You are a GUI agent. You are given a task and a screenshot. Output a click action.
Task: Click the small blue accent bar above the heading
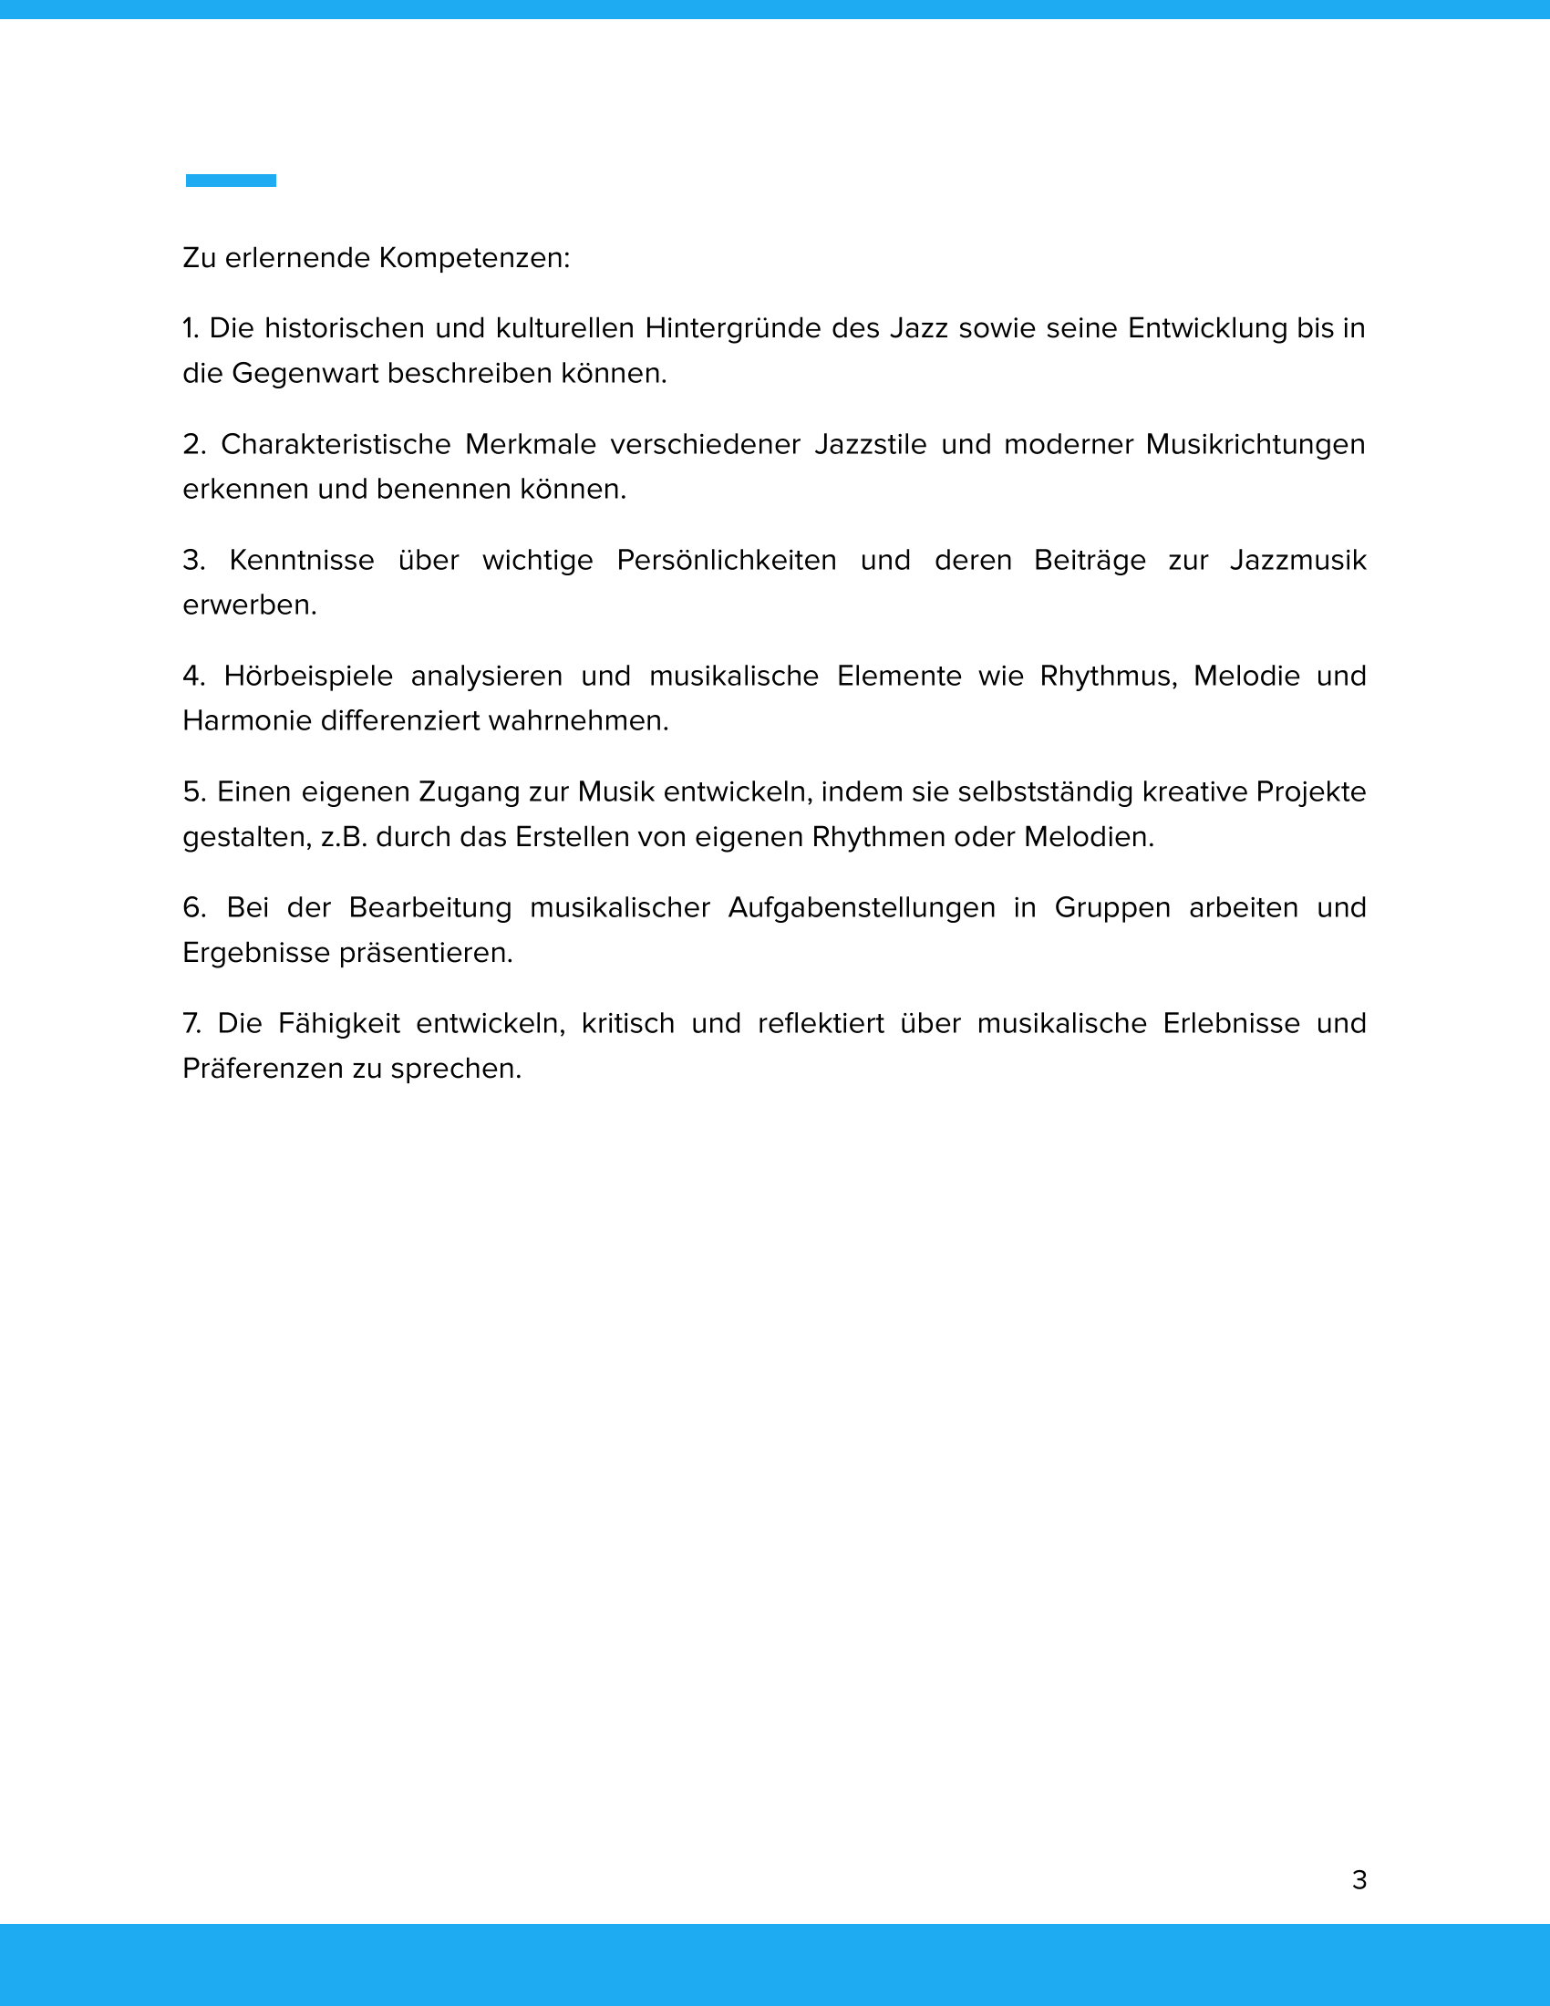point(231,181)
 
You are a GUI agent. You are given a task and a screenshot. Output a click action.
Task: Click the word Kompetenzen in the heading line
point(474,258)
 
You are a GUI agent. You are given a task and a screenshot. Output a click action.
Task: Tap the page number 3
point(1359,1880)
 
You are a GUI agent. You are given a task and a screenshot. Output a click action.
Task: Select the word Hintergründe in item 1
point(733,329)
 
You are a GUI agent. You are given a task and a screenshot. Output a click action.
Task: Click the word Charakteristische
point(336,445)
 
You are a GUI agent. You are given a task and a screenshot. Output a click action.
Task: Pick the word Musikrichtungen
point(1255,445)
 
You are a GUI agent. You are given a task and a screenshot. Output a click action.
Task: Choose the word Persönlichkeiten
point(727,560)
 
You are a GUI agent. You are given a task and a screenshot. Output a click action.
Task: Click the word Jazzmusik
point(1297,560)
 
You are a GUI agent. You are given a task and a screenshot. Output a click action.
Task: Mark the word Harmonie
point(247,721)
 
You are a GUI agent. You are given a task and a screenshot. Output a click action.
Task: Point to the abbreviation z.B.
point(344,838)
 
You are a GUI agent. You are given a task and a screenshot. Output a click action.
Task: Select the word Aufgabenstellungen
point(862,907)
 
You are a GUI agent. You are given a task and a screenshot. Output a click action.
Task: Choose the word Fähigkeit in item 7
point(339,1023)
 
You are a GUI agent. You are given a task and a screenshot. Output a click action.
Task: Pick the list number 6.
point(193,907)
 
